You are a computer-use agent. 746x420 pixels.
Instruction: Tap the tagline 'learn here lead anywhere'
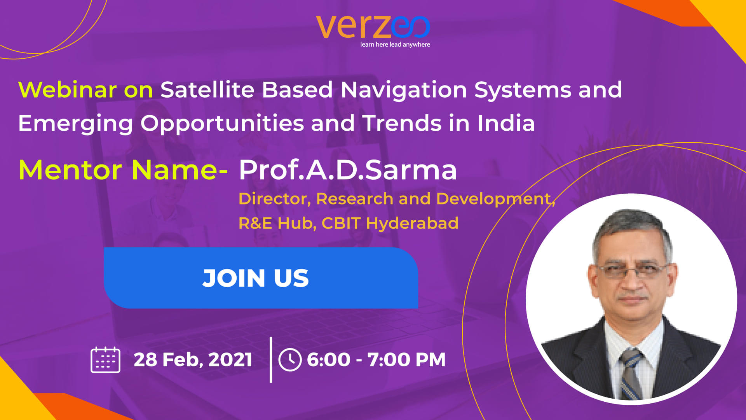click(x=395, y=45)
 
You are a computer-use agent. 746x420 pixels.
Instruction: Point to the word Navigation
click(x=404, y=90)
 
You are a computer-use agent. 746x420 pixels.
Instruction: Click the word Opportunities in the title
click(x=221, y=124)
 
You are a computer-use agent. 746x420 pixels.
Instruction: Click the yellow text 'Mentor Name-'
click(x=123, y=170)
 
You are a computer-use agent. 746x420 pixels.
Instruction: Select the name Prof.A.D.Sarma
click(x=348, y=170)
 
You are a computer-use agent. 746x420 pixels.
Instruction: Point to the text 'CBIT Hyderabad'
click(x=390, y=223)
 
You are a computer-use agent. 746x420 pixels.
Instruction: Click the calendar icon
click(x=105, y=360)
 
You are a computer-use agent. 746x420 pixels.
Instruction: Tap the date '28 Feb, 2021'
click(x=193, y=360)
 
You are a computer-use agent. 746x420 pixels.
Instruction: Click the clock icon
click(x=290, y=360)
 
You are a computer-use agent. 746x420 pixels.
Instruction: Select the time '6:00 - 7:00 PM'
click(x=376, y=359)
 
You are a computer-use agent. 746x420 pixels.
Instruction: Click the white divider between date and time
click(x=271, y=360)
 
